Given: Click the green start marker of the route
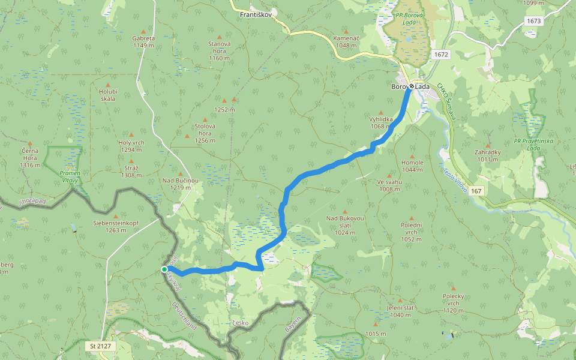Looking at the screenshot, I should point(164,269).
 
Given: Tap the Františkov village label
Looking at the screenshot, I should point(256,13).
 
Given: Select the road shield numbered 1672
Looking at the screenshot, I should point(441,55).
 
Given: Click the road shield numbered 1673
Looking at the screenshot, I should point(533,21).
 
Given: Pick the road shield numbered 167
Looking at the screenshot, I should point(476,191).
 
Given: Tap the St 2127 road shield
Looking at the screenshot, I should point(101,346).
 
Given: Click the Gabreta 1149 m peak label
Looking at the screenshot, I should point(143,41).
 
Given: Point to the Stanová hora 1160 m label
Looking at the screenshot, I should point(219,50).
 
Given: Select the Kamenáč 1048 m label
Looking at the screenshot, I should point(347,41).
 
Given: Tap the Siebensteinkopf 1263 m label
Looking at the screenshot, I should point(116,226).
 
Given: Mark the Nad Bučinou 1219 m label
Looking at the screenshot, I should point(180,184).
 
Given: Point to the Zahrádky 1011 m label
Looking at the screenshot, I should point(487,156).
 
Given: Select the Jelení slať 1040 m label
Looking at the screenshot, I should point(398,311).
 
